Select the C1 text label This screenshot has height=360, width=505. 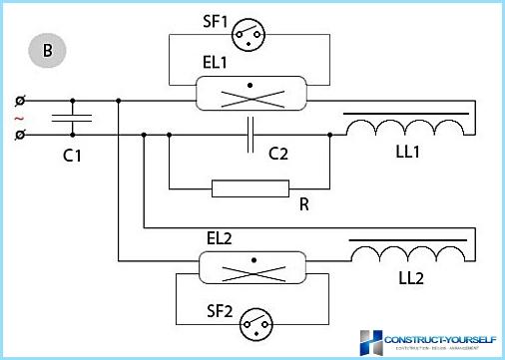[x=71, y=156]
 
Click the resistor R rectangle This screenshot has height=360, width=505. [x=250, y=187]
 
